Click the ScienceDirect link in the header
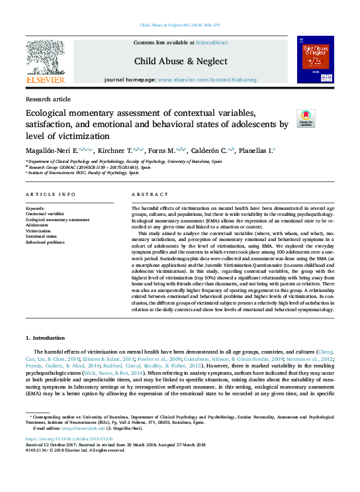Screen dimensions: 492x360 coord(213,42)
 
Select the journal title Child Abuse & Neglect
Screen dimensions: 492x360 coord(181,62)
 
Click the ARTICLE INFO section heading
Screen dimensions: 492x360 coord(50,194)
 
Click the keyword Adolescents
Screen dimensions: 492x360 coord(37,225)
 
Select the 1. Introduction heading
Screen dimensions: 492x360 coord(46,338)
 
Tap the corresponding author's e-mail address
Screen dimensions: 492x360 coord(80,428)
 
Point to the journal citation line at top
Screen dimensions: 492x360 coord(180,25)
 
